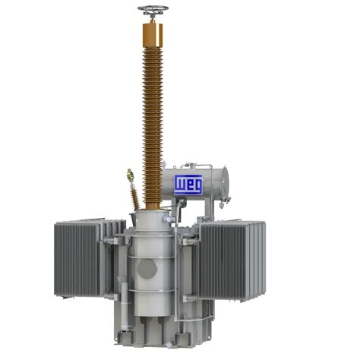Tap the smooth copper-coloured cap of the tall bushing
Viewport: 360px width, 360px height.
point(153,35)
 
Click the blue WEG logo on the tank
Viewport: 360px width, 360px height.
point(188,185)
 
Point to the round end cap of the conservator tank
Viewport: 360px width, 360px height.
point(224,182)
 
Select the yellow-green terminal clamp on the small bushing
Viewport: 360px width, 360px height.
point(131,176)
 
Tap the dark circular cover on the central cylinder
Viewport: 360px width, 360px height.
point(147,269)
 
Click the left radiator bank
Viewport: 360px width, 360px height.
point(77,260)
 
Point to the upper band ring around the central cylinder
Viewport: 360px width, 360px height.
point(151,257)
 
